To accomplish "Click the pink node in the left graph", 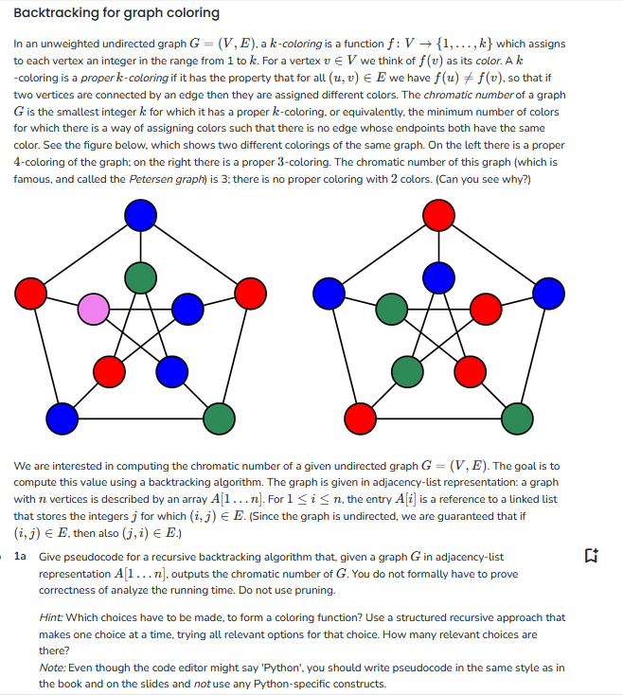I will [x=94, y=308].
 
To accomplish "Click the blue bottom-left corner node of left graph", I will [x=62, y=416].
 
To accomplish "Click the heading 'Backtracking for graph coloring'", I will [x=116, y=13].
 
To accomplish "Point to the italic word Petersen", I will [x=155, y=180].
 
